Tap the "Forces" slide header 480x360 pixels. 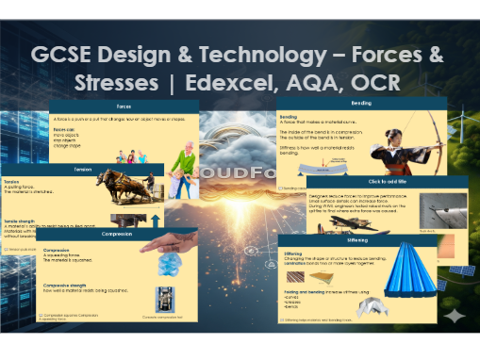coord(124,106)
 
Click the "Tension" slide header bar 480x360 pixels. coord(83,170)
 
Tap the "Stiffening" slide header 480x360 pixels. coord(358,240)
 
